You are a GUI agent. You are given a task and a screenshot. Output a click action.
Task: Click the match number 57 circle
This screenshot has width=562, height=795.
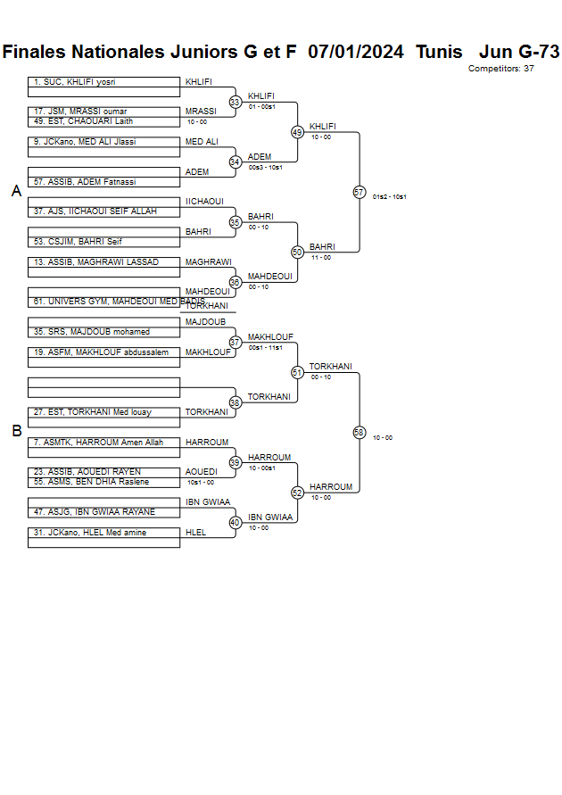click(360, 192)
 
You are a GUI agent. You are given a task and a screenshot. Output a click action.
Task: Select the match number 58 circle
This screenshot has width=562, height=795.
click(360, 432)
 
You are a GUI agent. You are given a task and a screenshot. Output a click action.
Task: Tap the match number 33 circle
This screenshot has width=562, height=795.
click(236, 102)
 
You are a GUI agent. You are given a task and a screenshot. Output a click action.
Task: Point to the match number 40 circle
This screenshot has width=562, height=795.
click(236, 522)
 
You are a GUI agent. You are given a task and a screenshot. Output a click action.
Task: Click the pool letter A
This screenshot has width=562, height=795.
click(16, 191)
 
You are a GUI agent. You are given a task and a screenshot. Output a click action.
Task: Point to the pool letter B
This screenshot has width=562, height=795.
click(16, 431)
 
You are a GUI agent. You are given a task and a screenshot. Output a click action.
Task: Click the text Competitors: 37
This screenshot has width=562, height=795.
click(500, 69)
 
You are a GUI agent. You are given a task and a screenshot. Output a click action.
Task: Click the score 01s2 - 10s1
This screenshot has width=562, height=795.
click(389, 197)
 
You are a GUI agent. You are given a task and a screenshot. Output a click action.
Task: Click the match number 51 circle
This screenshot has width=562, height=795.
click(297, 372)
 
